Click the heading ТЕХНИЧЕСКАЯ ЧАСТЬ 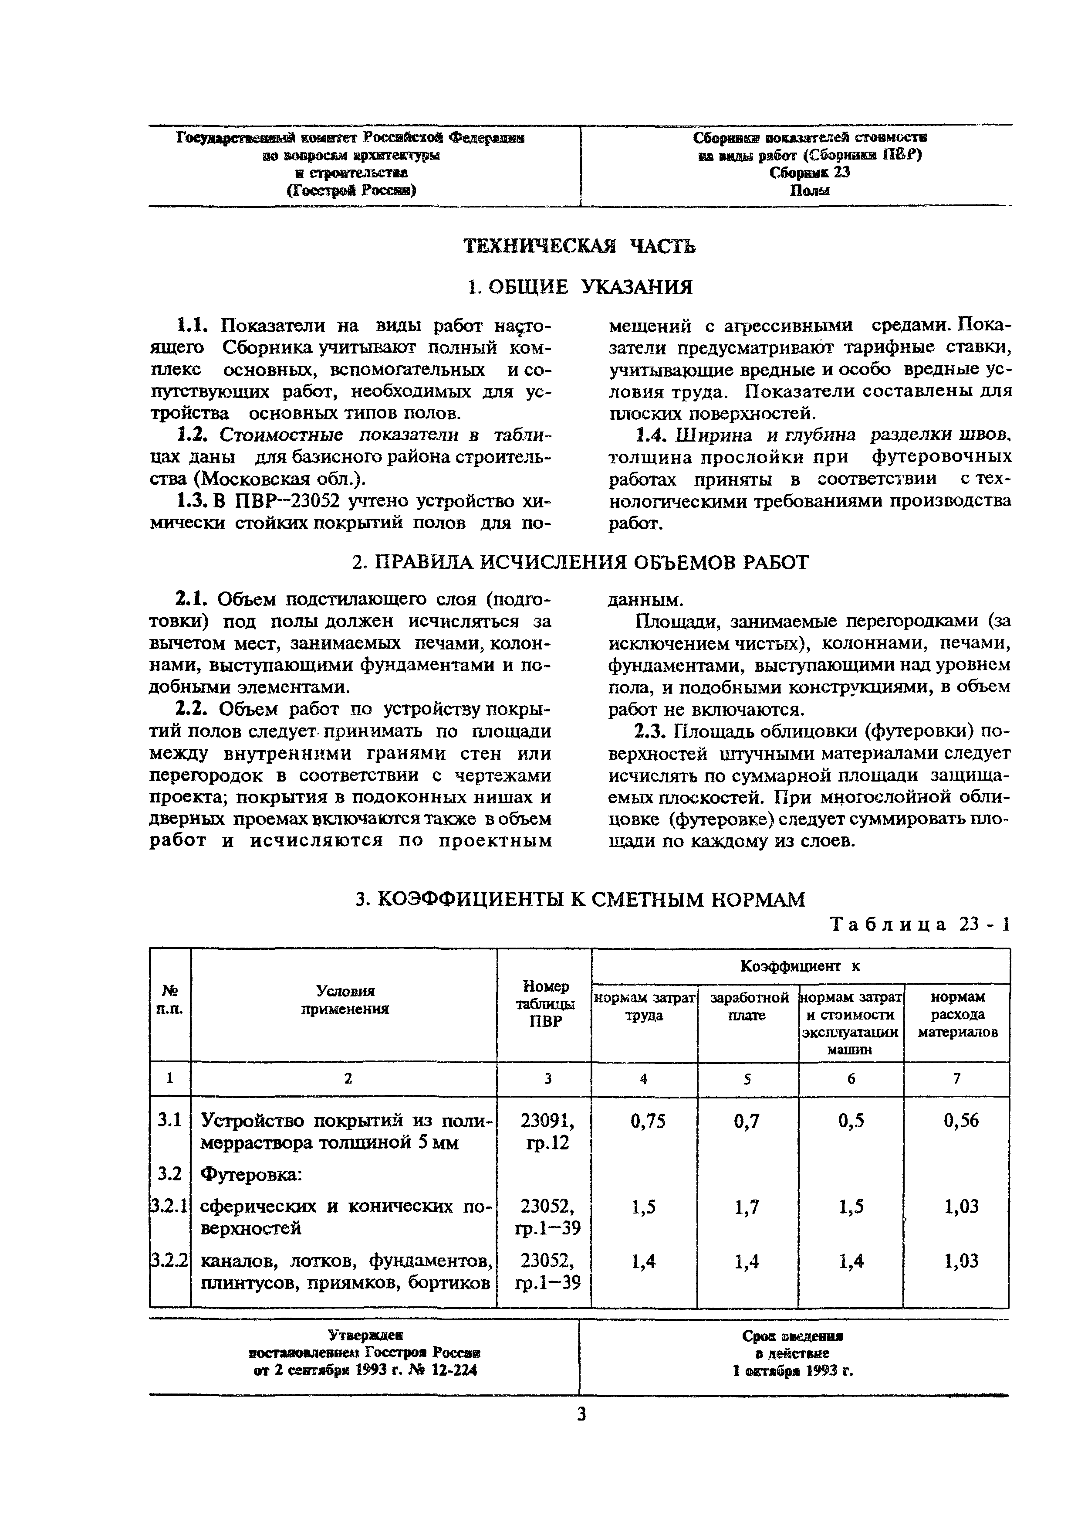580,247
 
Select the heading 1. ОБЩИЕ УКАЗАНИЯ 580,288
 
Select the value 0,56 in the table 961,1121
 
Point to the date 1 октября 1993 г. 793,1371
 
